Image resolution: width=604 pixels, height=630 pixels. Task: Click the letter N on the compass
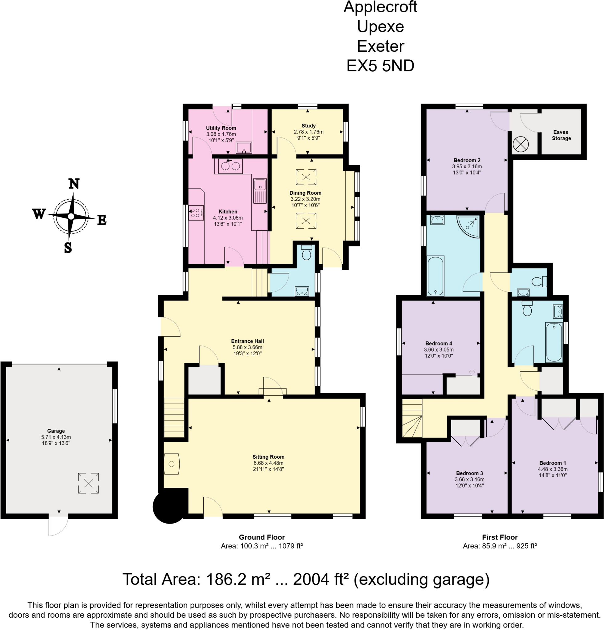(x=74, y=184)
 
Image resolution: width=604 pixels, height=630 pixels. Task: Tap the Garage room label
(x=56, y=431)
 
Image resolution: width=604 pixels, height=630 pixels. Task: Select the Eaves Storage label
(x=561, y=135)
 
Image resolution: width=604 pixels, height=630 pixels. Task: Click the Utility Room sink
(x=244, y=148)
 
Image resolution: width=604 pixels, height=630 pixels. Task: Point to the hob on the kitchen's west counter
(x=196, y=213)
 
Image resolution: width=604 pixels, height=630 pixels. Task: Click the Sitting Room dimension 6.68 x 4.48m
(x=268, y=463)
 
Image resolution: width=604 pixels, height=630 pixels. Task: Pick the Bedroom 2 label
(x=467, y=160)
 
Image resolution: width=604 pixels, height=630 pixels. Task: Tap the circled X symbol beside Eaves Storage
(x=520, y=144)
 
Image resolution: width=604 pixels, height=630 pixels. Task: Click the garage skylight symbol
(x=88, y=483)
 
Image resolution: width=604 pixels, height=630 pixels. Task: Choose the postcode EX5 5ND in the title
(x=380, y=66)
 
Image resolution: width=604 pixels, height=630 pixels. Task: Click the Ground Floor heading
(x=261, y=537)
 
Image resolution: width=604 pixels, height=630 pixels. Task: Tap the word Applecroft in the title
(x=380, y=7)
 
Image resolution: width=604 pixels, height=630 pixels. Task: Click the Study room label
(x=309, y=126)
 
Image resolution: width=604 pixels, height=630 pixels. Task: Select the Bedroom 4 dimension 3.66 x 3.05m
(x=439, y=349)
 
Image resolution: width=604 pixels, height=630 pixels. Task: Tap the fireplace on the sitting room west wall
(x=172, y=464)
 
